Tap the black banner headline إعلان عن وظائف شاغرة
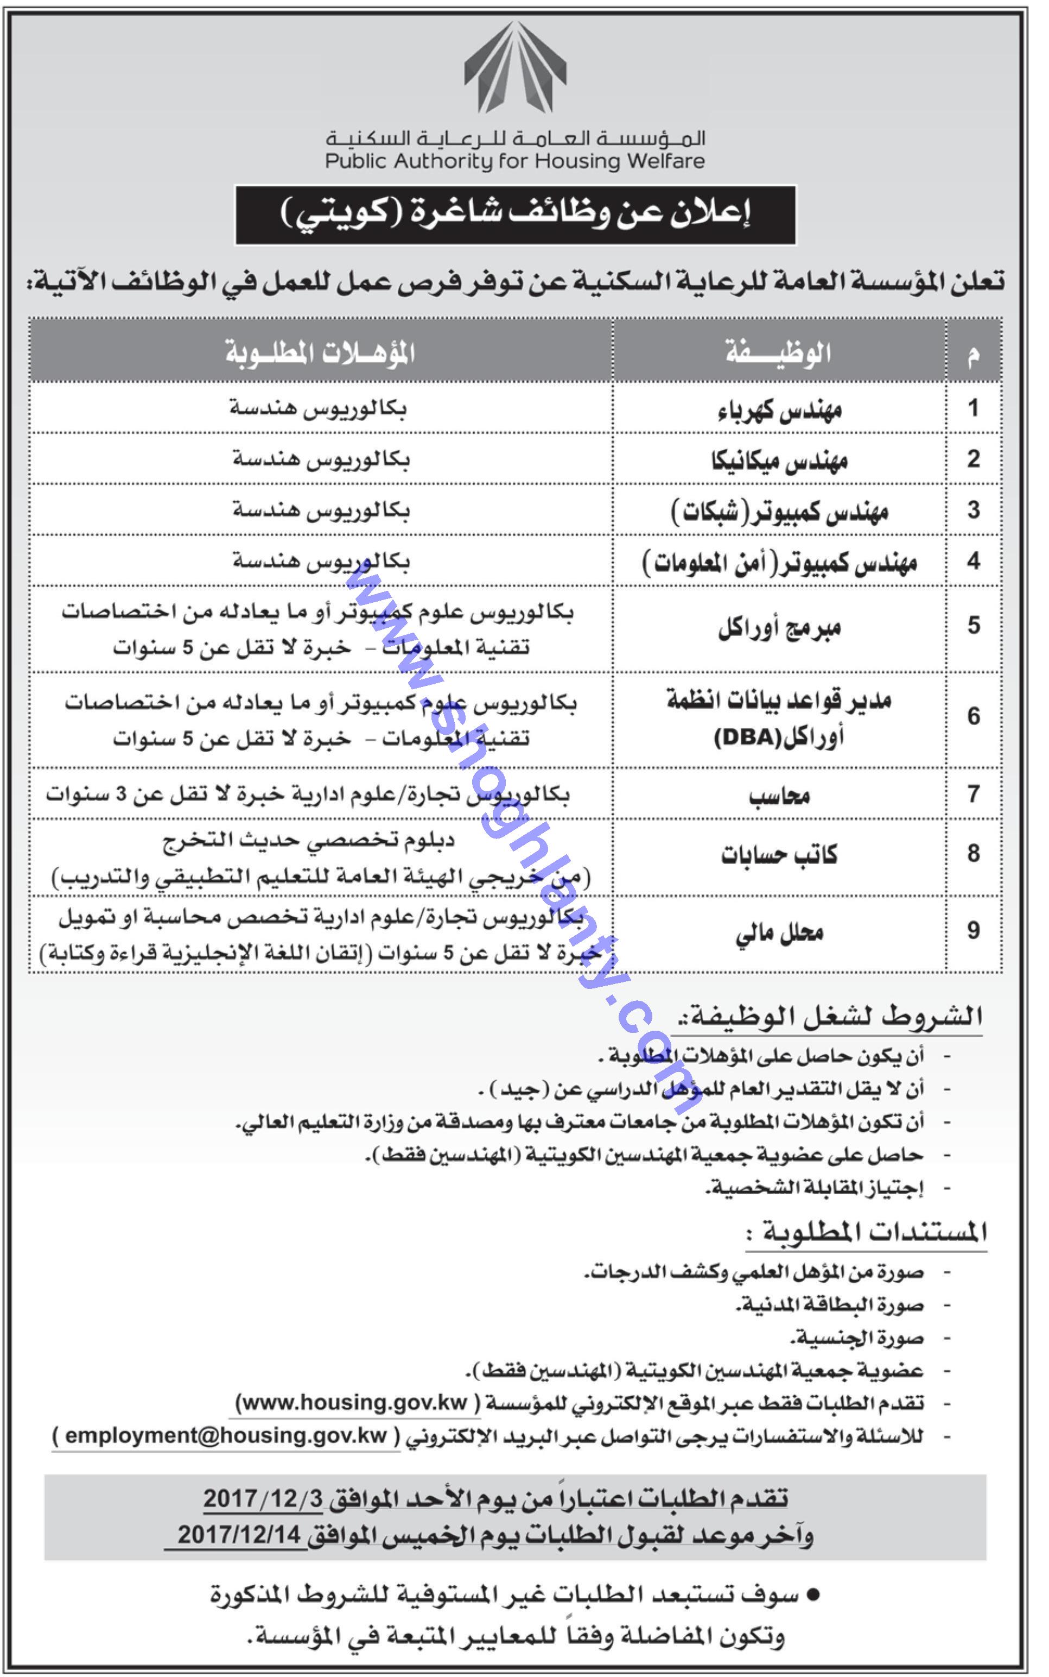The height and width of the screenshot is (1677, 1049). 515,215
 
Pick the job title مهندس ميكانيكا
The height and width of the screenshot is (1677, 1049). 779,460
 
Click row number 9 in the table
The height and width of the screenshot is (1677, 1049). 974,930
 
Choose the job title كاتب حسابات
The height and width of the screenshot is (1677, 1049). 779,854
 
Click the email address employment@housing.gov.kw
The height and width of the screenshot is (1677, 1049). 226,1436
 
